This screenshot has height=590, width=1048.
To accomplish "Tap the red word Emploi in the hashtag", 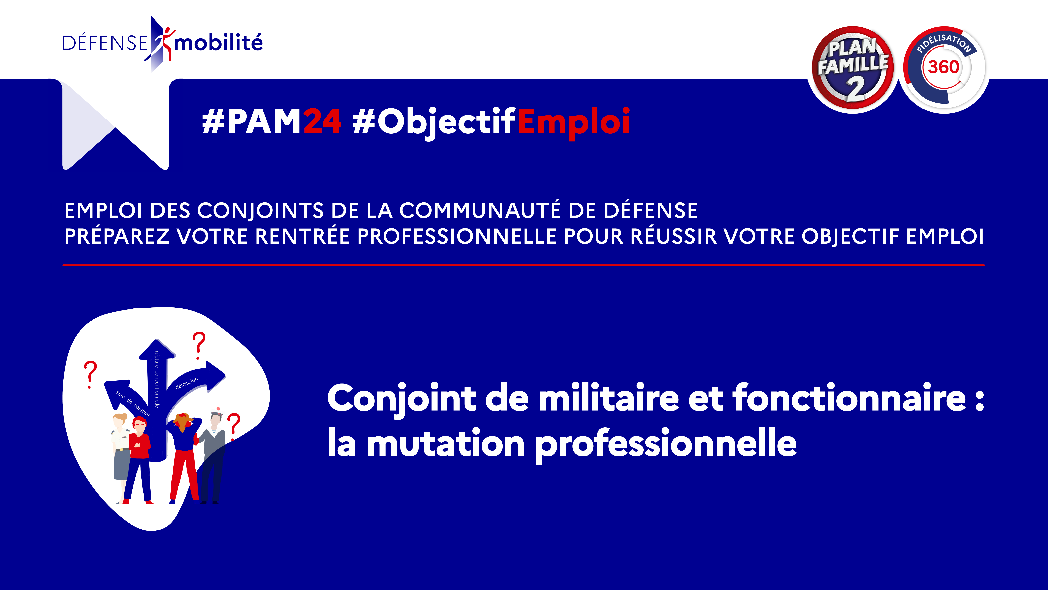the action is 574,122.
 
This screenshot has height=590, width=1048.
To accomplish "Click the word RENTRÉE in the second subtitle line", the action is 302,236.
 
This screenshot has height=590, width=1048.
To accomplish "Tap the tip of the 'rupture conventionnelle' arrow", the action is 157,340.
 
